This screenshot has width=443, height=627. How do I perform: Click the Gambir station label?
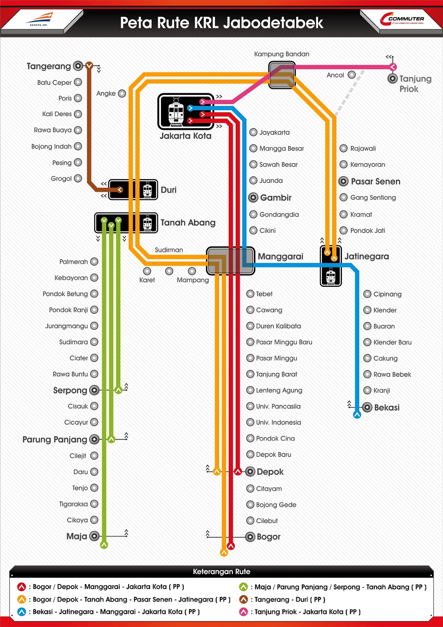276,198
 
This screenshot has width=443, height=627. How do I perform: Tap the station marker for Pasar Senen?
343,181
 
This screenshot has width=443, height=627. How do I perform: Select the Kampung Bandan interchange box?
282,75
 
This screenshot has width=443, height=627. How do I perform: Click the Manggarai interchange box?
231,261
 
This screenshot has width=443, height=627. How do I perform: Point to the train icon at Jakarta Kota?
176,112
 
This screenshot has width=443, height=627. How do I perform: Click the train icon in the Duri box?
147,190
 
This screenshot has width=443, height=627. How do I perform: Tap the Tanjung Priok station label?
415,84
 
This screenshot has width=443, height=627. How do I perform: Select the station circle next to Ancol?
352,75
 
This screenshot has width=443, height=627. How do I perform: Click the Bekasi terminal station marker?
367,408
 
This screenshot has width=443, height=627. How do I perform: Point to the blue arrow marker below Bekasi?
357,415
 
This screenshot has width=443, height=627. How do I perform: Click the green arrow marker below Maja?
104,545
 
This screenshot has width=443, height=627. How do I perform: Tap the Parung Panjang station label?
54,440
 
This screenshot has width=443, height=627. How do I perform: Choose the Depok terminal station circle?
250,472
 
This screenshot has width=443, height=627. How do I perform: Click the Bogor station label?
268,537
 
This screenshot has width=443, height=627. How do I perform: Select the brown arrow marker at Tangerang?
89,66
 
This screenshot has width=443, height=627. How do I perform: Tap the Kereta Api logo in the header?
40,19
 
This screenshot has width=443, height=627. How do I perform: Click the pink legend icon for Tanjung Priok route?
244,612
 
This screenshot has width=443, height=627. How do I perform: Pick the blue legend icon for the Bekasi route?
22,612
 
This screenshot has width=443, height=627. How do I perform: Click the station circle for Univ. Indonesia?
250,422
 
